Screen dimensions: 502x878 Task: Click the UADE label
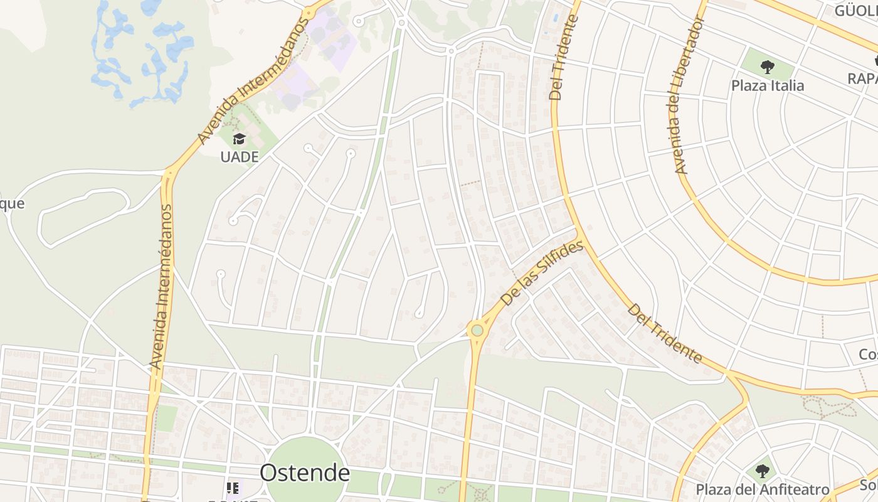(x=240, y=157)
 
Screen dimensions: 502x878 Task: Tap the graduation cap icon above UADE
(x=239, y=139)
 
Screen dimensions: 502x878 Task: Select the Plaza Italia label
(x=768, y=85)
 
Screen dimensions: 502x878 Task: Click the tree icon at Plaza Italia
(x=767, y=66)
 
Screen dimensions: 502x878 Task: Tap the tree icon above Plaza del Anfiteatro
(x=762, y=471)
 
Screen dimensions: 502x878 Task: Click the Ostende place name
(x=305, y=473)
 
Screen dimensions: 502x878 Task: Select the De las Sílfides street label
(x=543, y=274)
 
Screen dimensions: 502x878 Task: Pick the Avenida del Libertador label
(x=689, y=95)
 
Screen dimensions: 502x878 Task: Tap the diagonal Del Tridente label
(x=665, y=333)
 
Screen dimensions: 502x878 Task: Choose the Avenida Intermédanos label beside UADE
(x=253, y=80)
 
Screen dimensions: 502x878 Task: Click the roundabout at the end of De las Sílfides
(x=477, y=330)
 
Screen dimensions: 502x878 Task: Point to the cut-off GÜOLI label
(x=856, y=10)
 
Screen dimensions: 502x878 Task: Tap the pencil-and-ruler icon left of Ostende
(x=233, y=488)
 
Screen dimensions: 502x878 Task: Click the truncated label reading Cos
(x=868, y=355)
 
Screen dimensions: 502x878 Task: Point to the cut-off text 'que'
(x=12, y=203)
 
